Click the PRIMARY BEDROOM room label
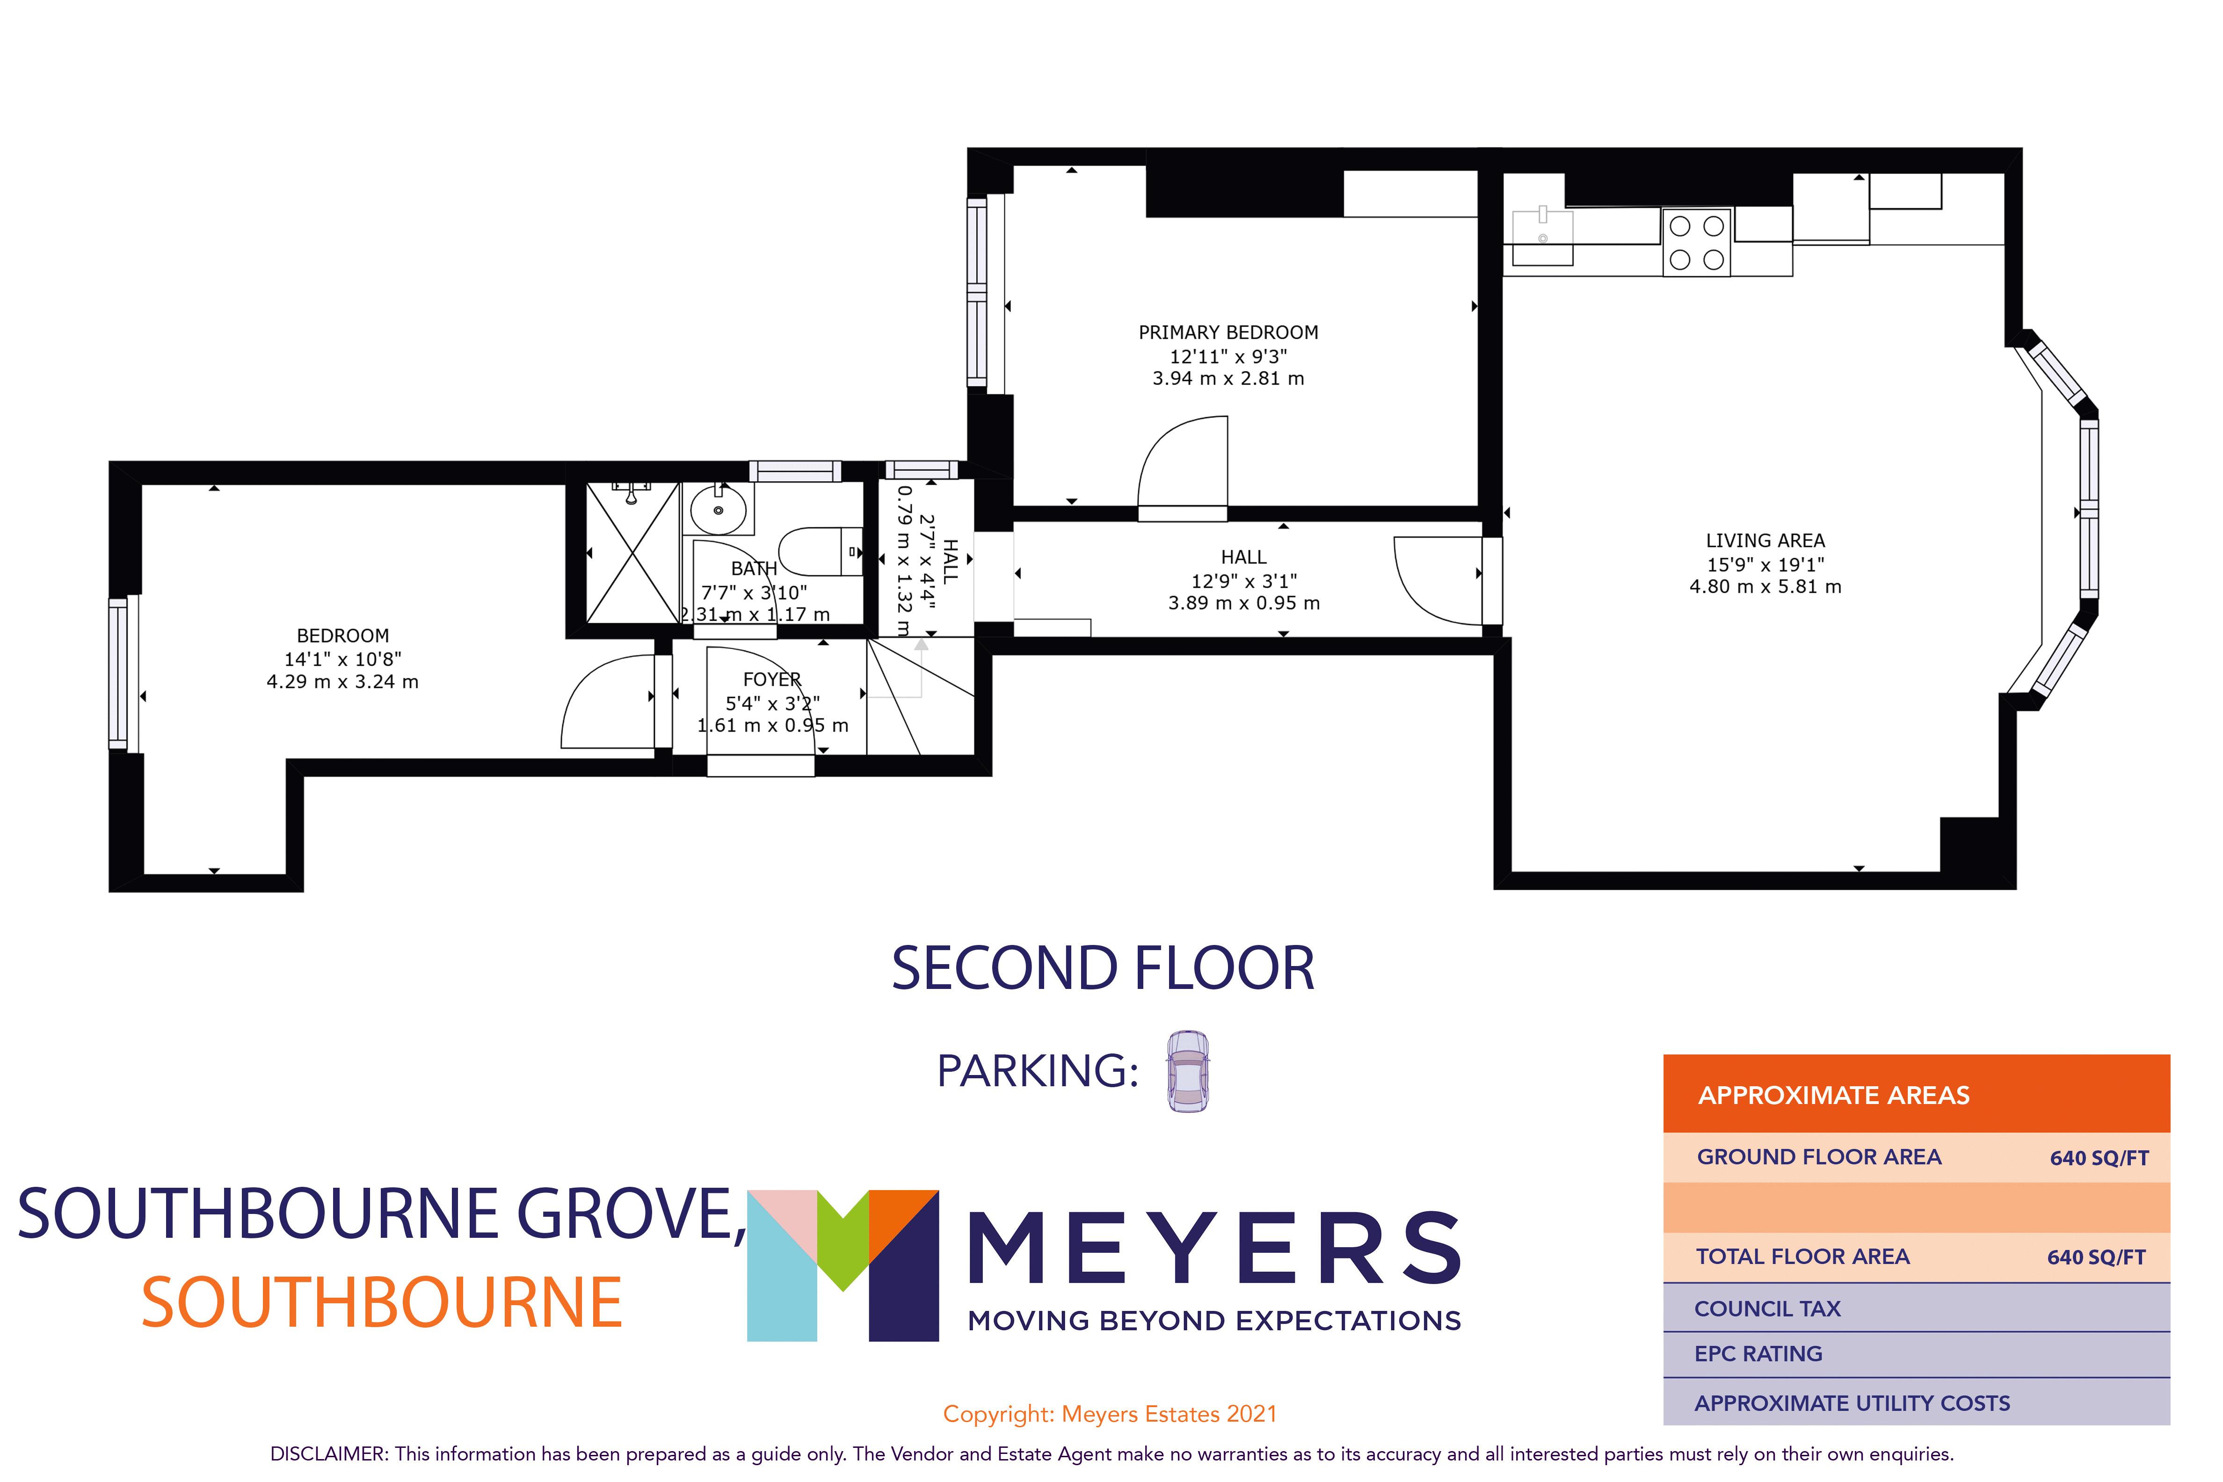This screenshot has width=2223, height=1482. point(1228,333)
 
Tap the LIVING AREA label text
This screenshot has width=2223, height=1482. point(1765,541)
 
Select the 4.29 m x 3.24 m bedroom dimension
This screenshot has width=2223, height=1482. point(342,682)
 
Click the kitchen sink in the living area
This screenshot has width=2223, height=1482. point(1542,236)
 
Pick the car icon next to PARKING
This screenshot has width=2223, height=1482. point(1187,1071)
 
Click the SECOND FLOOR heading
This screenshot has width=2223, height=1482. point(1103,969)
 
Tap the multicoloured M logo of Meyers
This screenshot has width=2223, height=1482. point(842,1264)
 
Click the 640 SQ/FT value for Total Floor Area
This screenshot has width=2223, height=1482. point(2095,1257)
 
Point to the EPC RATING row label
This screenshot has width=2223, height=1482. point(1758,1353)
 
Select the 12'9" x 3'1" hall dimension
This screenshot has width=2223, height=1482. point(1244,581)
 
